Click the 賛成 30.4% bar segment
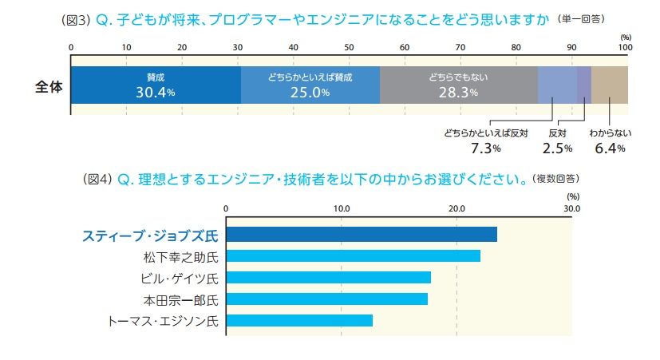tap(156, 85)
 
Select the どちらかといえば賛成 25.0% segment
tap(310, 85)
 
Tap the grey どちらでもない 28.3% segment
tap(458, 85)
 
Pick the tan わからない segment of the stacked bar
tap(610, 85)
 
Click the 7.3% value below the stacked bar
tap(486, 148)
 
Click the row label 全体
tap(49, 85)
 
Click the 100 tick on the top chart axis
tap(625, 48)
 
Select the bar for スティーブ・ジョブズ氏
tap(362, 235)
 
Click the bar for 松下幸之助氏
tap(354, 256)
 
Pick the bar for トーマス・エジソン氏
tap(299, 321)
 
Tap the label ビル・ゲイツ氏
tap(180, 278)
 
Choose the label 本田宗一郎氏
tap(180, 299)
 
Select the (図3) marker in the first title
tap(78, 19)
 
